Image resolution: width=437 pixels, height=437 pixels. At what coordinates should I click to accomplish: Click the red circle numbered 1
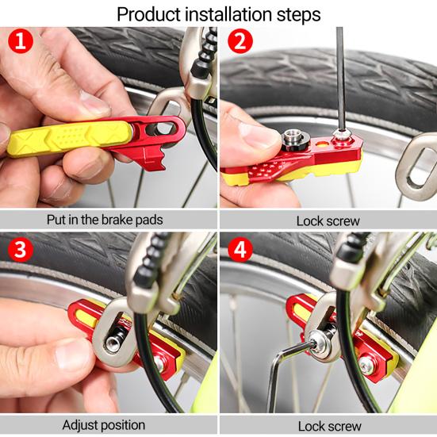point(21,41)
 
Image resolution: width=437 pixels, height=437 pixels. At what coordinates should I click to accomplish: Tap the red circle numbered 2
point(240,41)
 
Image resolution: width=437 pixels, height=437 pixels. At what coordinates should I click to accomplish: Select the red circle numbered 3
point(21,249)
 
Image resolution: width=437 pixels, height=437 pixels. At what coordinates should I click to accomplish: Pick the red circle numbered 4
point(240,249)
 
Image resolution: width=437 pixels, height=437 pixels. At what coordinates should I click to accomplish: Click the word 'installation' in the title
point(228,14)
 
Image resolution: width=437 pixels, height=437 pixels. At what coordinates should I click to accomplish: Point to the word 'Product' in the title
point(148,14)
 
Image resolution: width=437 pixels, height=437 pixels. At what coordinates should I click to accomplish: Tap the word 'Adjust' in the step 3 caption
point(80,425)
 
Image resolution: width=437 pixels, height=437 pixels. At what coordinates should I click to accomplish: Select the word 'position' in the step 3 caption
point(123,426)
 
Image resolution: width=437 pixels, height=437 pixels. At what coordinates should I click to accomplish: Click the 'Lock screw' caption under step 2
point(328,221)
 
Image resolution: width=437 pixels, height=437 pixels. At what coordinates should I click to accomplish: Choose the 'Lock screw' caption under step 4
point(329,427)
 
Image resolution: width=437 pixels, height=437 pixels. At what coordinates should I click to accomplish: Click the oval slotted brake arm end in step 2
point(417,167)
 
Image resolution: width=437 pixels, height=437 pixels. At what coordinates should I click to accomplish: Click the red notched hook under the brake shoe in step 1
point(153,159)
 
